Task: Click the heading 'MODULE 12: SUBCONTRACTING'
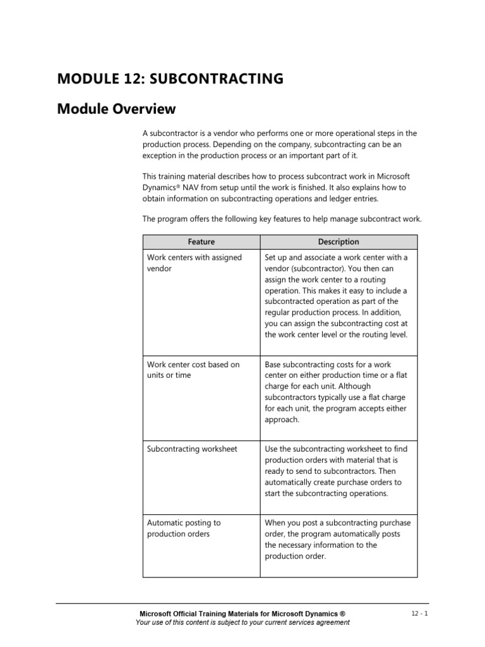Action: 170,79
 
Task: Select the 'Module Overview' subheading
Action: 116,109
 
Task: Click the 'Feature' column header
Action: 201,242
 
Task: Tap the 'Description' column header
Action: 338,242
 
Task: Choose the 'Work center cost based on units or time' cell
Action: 193,370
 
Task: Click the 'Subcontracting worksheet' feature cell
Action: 192,449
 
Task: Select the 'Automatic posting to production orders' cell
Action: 184,528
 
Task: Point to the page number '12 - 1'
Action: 418,614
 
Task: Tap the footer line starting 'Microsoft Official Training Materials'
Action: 242,614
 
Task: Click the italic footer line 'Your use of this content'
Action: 242,622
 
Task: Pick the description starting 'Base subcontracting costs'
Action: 336,392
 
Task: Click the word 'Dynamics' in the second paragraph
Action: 160,188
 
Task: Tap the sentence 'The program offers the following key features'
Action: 282,219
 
